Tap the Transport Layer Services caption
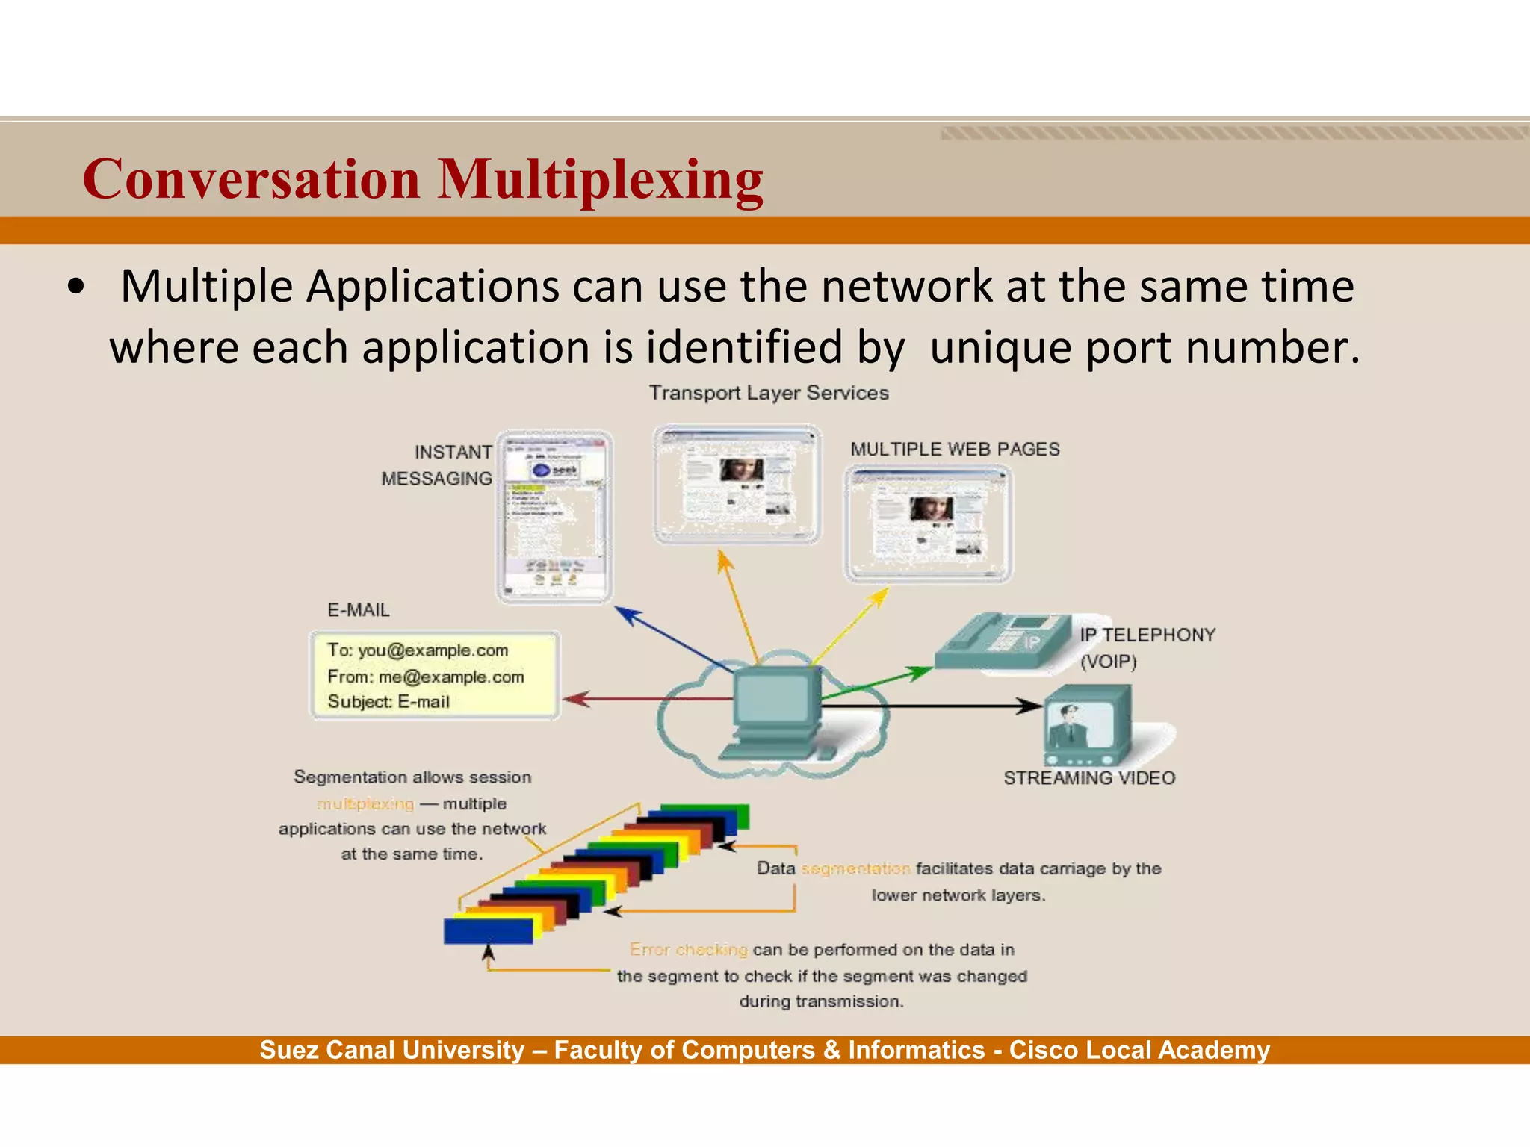768,393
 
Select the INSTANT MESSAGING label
437,465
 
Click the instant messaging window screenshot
554,517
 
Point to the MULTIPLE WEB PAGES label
955,449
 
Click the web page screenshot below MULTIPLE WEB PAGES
927,523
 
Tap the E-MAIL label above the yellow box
359,610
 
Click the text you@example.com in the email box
433,650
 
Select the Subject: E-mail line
388,702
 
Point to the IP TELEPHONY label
1147,635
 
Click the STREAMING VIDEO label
1088,778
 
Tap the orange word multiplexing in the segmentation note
365,804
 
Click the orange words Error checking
688,950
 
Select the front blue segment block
487,931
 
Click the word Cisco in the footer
1043,1051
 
